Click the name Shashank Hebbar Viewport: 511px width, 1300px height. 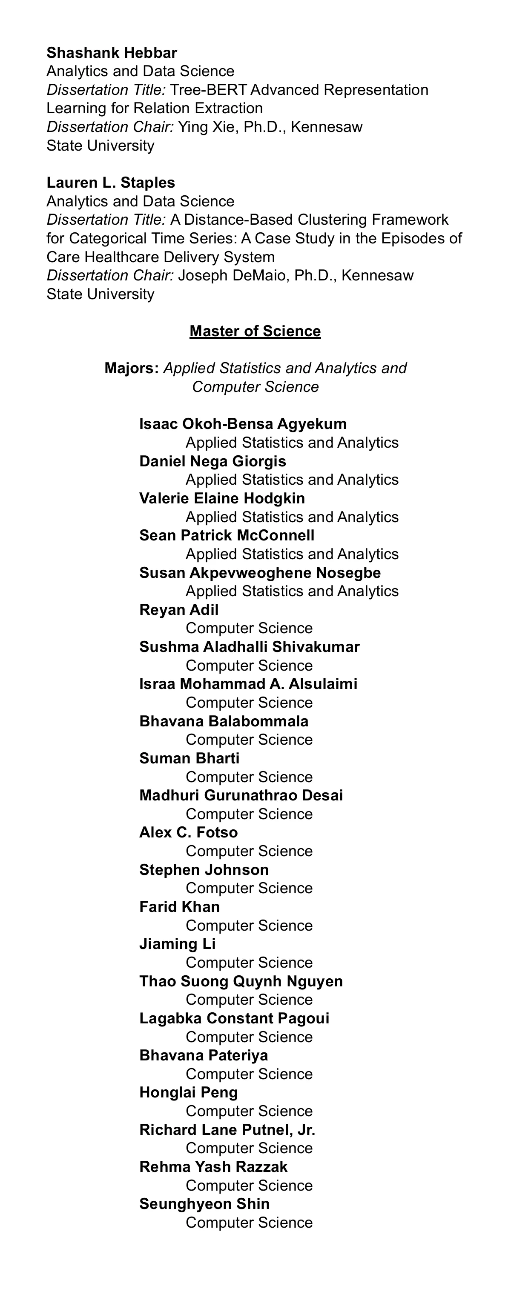pos(112,52)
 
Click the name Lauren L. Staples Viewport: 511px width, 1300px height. pos(111,183)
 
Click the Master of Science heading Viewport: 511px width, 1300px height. pos(255,331)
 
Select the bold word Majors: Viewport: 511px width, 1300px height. pos(132,369)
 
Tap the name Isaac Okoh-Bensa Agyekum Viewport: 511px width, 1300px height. pos(243,424)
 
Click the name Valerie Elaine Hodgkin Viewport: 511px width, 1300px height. pos(222,499)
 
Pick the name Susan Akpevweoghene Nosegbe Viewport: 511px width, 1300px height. pos(259,573)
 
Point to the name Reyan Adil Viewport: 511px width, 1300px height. pos(179,610)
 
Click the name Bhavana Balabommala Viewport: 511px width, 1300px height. pos(224,721)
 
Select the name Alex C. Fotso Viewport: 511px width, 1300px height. pos(188,833)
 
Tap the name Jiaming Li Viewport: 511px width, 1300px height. pos(177,944)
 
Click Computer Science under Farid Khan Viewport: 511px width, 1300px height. pos(249,926)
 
